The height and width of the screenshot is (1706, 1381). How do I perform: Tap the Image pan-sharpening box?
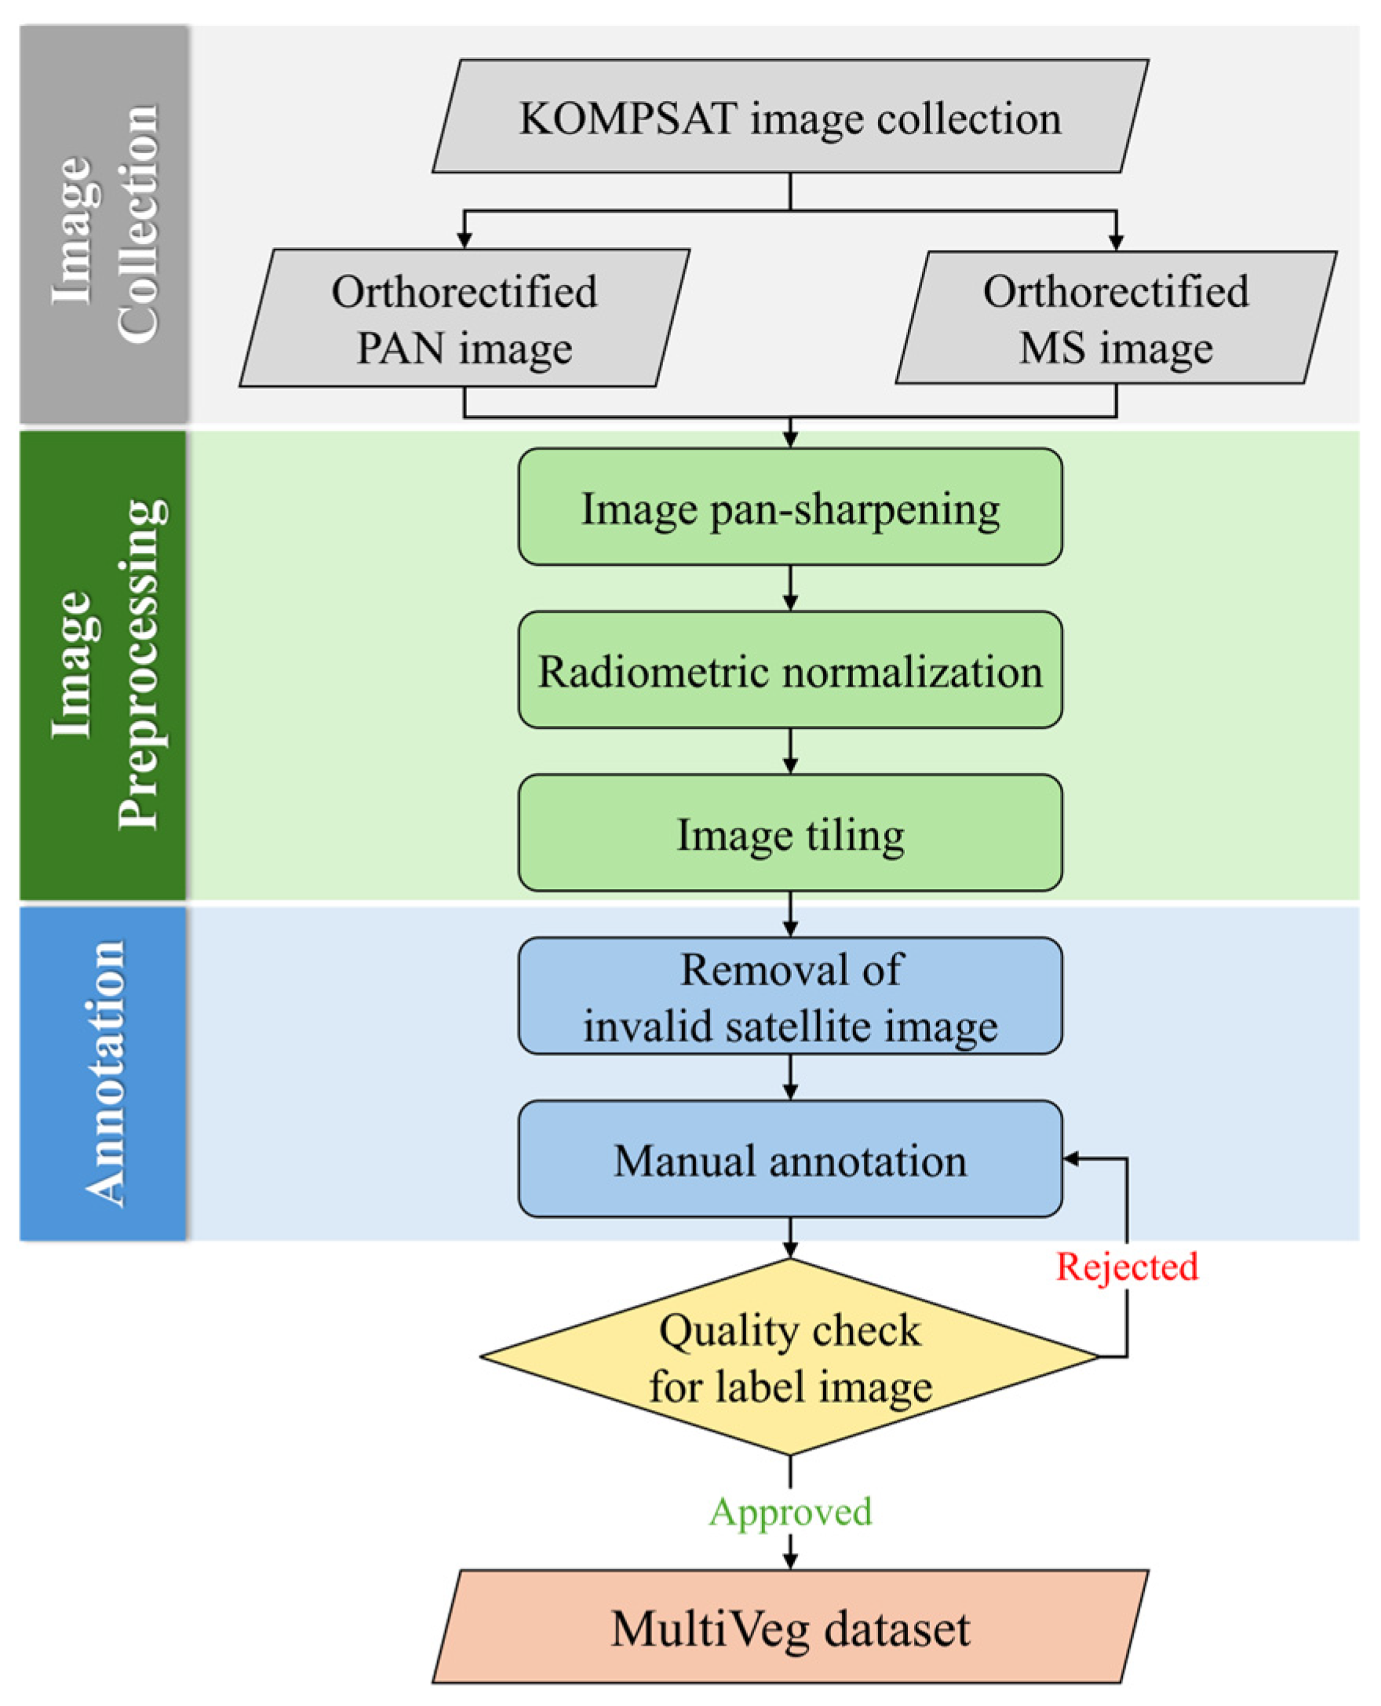[x=790, y=507]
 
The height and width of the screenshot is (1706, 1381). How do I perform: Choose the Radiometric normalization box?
[x=790, y=670]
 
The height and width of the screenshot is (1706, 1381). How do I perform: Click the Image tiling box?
[x=790, y=833]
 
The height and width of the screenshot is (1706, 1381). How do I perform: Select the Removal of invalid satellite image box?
[x=790, y=997]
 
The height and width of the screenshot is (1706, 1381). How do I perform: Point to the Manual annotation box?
[x=790, y=1159]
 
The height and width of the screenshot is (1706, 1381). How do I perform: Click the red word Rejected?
[x=1127, y=1266]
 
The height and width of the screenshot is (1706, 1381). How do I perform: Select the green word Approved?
[x=790, y=1512]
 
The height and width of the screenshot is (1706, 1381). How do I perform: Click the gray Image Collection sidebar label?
[x=104, y=224]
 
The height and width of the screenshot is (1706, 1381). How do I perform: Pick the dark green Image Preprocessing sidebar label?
[x=104, y=665]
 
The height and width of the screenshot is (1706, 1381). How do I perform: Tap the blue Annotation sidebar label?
[x=104, y=1074]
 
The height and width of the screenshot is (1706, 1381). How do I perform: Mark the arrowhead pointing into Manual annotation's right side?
[x=1072, y=1159]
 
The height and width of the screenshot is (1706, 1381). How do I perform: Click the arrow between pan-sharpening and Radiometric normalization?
[x=790, y=589]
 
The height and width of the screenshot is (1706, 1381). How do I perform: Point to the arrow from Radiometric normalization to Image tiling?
[x=790, y=752]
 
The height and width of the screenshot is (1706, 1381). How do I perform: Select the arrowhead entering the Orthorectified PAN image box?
[x=465, y=239]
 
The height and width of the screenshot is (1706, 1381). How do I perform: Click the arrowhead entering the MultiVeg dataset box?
[x=790, y=1561]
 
